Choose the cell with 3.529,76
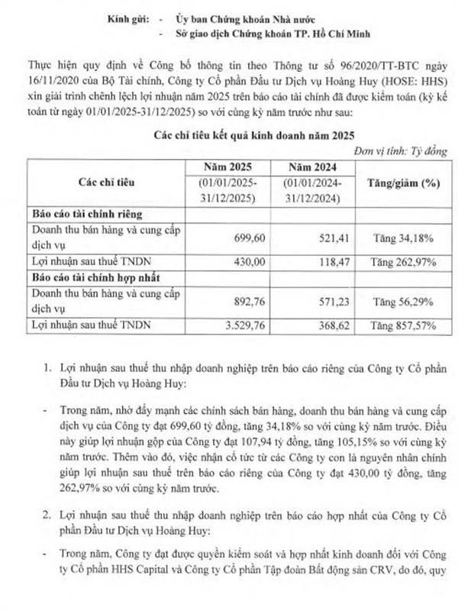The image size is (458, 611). (244, 324)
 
